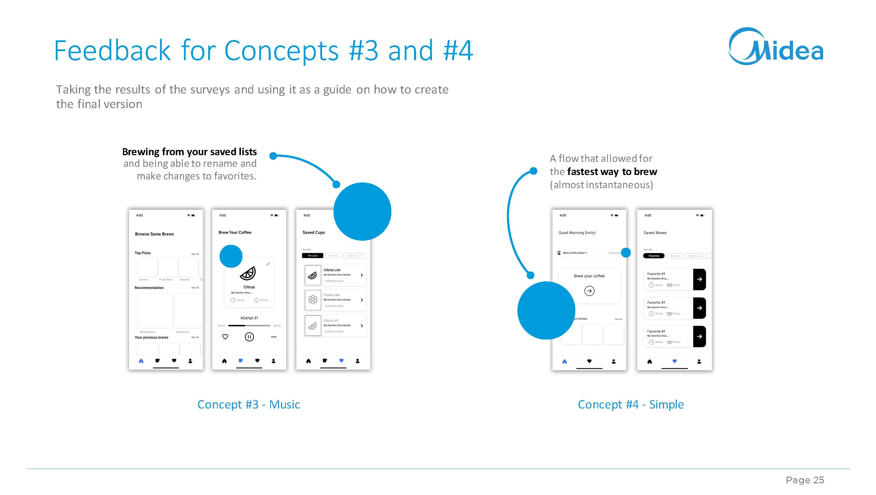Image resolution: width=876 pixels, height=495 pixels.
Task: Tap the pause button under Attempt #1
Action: click(x=249, y=337)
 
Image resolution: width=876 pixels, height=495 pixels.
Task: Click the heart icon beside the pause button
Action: click(x=225, y=337)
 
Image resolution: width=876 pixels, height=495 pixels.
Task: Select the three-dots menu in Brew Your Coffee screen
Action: click(x=274, y=337)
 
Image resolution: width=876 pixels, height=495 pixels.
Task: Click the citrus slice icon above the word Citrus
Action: click(x=248, y=273)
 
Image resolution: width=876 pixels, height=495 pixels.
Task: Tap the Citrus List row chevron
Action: click(x=361, y=275)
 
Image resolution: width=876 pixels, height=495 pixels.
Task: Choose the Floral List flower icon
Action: click(x=313, y=300)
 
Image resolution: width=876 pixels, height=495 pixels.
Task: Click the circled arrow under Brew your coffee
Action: click(x=589, y=291)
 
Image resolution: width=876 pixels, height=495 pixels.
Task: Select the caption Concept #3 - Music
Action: click(x=248, y=404)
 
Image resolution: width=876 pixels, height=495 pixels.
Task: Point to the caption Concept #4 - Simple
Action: click(x=631, y=404)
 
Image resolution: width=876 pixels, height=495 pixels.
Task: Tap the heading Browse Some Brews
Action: click(x=154, y=234)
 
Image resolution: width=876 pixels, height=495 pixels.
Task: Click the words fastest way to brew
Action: click(x=612, y=172)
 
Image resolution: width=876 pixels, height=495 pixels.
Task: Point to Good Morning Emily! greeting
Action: click(x=577, y=233)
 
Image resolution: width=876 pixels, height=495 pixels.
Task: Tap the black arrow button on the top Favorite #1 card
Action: click(x=700, y=279)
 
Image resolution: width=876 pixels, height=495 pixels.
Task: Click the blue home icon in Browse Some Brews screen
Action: click(x=141, y=361)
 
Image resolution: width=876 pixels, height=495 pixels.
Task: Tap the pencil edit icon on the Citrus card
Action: click(x=268, y=264)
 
